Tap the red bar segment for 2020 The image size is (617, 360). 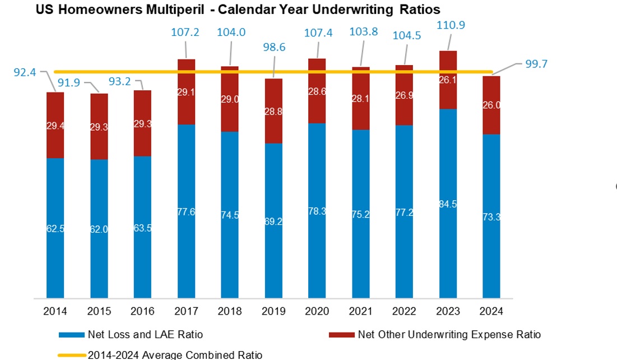(x=317, y=91)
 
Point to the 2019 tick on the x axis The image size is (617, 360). (x=273, y=311)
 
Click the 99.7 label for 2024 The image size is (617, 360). (x=536, y=63)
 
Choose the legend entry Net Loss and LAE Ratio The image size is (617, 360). (x=145, y=335)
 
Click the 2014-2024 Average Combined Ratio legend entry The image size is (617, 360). (x=174, y=354)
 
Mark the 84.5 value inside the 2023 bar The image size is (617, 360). (x=448, y=204)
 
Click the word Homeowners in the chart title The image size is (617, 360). (x=91, y=10)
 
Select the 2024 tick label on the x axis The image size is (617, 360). (x=491, y=311)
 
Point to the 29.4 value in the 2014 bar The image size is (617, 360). (x=55, y=127)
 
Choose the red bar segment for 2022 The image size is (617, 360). (x=405, y=95)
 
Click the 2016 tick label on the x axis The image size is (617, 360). (x=142, y=311)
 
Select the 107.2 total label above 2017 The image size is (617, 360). (x=185, y=33)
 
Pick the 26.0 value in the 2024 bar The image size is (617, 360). (x=491, y=105)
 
